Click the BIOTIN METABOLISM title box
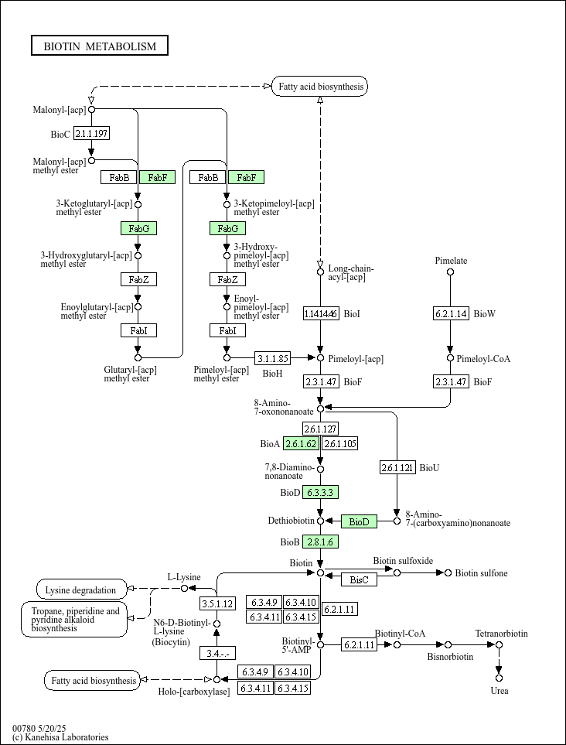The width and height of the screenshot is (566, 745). [100, 46]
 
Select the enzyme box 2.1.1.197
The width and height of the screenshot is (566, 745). [92, 134]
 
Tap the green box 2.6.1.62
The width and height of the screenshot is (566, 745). [301, 444]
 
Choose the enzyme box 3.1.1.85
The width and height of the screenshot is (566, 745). [272, 357]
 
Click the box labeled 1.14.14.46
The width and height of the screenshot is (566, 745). [321, 313]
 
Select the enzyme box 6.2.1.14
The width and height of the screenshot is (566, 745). [451, 313]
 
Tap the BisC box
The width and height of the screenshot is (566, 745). [359, 579]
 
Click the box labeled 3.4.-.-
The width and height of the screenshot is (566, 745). [217, 654]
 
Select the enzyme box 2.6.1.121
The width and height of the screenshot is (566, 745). [397, 467]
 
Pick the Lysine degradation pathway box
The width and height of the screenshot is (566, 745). [82, 590]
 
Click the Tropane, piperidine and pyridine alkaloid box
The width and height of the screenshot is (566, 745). [74, 619]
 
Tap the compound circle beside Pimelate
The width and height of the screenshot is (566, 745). [451, 272]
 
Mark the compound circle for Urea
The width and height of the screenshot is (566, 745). [499, 678]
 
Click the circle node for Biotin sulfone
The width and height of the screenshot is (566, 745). [448, 573]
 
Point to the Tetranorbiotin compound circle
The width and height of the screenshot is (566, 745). [499, 644]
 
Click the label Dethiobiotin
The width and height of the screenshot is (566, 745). [290, 521]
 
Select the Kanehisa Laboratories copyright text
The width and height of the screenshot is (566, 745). [60, 737]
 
